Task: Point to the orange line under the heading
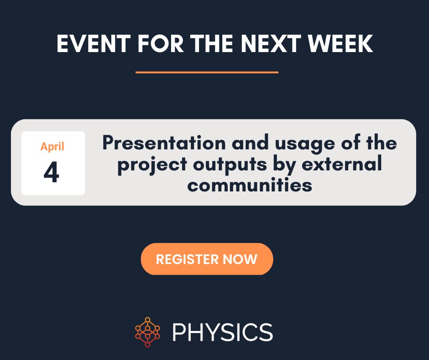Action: click(x=207, y=72)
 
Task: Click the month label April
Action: click(x=52, y=147)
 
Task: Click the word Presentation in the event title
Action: click(x=164, y=143)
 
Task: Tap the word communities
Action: click(x=250, y=185)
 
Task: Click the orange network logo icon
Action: click(x=147, y=332)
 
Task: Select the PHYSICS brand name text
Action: click(x=222, y=332)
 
